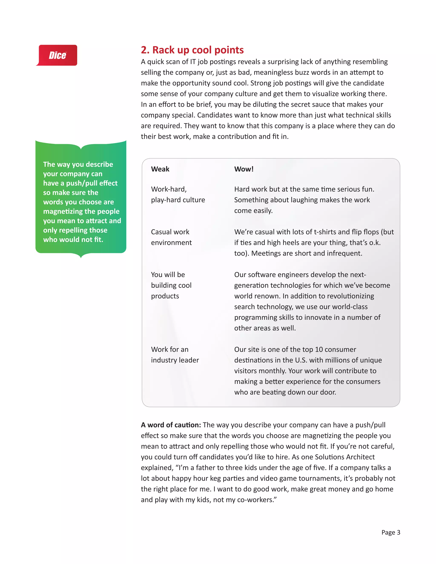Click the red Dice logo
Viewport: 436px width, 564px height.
(x=57, y=55)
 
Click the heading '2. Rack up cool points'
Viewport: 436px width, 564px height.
(x=192, y=50)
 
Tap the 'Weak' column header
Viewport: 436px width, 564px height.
(x=160, y=169)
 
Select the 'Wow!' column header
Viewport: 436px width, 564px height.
(x=244, y=169)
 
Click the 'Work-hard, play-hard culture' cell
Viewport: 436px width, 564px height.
(x=178, y=195)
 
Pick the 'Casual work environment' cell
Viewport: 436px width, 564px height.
(x=171, y=237)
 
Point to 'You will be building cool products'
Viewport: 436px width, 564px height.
(x=171, y=285)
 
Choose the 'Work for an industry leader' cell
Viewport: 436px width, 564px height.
(x=175, y=355)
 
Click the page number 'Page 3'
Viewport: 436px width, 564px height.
(x=390, y=532)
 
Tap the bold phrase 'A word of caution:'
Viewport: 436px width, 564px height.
(x=171, y=425)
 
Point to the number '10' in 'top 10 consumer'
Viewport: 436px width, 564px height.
(x=319, y=349)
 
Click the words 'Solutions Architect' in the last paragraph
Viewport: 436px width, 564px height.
(x=345, y=457)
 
